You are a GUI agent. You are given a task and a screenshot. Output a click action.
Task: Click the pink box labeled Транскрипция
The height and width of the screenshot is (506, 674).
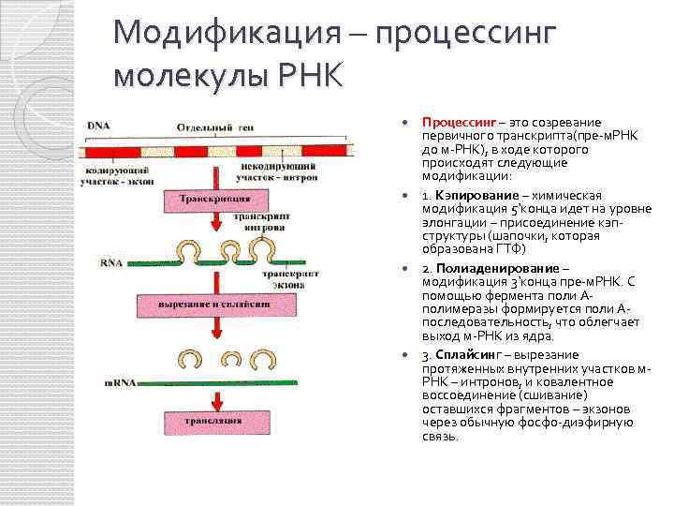coord(214,199)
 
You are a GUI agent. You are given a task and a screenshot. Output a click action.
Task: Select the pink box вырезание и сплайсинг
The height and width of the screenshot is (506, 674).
coord(214,305)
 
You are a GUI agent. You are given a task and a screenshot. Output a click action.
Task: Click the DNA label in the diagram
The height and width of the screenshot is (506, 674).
coord(97,126)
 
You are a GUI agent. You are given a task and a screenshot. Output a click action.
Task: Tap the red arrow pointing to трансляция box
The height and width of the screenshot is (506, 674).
coord(215,394)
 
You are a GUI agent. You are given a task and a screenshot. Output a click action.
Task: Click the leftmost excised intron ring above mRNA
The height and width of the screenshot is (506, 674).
coord(191,358)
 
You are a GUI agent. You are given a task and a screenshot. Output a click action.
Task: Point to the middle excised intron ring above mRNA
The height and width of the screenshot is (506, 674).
coord(230,358)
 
